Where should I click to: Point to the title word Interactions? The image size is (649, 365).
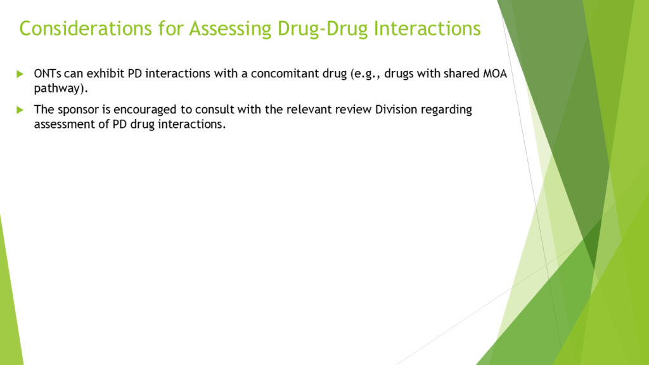tap(427, 29)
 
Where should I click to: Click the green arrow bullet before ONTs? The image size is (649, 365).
tap(20, 74)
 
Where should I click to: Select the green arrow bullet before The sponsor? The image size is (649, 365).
tap(20, 110)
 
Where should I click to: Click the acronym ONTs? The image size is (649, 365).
tap(48, 74)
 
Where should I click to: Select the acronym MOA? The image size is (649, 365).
tap(495, 74)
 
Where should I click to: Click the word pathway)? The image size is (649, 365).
tap(61, 89)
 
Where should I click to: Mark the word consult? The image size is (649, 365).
tap(212, 110)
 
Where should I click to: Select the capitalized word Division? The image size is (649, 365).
tap(396, 110)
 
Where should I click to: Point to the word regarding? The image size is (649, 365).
tap(446, 110)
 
